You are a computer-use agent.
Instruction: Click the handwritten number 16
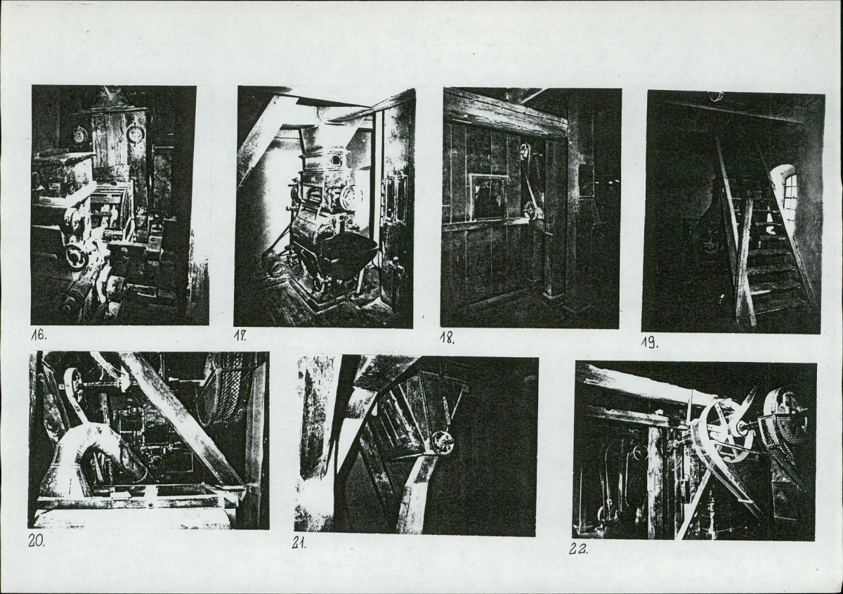[x=39, y=335]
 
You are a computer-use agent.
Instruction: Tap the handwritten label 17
[x=240, y=336]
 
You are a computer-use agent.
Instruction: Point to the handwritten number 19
[x=650, y=343]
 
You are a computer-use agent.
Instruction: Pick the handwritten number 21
[x=299, y=543]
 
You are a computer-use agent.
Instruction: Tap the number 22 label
[x=577, y=549]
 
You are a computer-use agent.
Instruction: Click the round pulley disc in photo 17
[x=351, y=197]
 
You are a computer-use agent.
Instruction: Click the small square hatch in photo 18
[x=488, y=198]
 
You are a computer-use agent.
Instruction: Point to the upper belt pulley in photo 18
[x=524, y=152]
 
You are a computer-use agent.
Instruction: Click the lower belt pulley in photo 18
[x=531, y=209]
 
